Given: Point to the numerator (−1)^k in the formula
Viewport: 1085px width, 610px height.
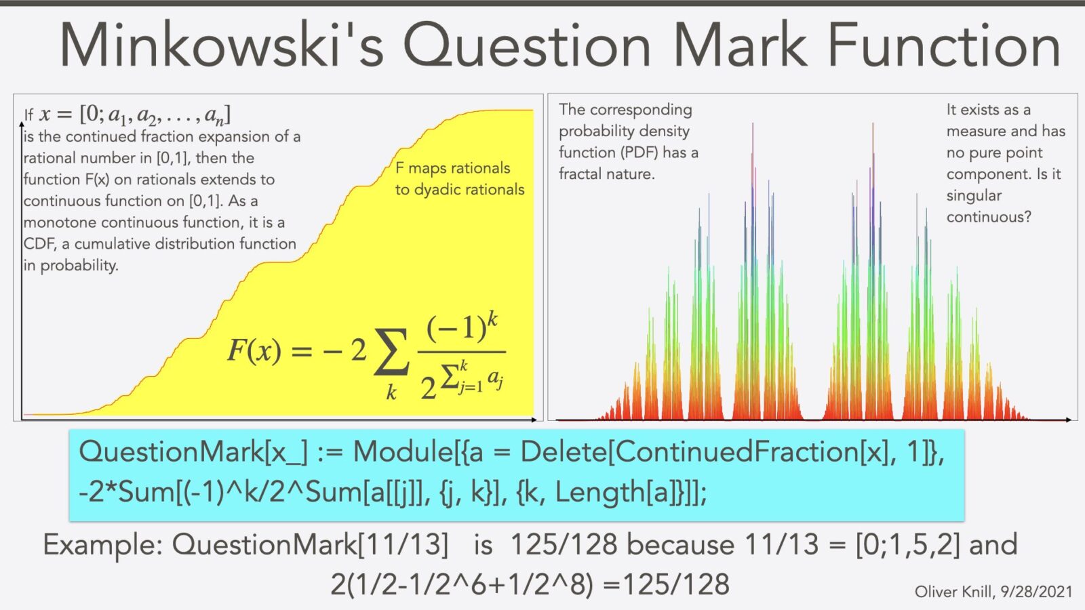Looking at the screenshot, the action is pos(462,327).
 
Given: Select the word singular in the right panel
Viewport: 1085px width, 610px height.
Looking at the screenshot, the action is pos(974,196).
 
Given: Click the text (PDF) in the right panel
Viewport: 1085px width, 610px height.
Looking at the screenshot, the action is pos(639,152).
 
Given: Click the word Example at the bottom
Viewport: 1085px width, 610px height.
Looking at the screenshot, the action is pos(102,545).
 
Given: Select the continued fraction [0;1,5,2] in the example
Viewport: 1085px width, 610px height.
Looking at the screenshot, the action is pos(907,545).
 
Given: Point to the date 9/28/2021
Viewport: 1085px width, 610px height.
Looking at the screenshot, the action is pos(1037,592).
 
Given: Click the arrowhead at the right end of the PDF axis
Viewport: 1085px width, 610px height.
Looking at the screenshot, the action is pos(1068,420).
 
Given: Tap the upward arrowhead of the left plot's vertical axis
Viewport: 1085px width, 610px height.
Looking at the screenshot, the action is pos(22,125).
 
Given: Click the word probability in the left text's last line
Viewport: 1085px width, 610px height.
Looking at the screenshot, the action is pos(79,266).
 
